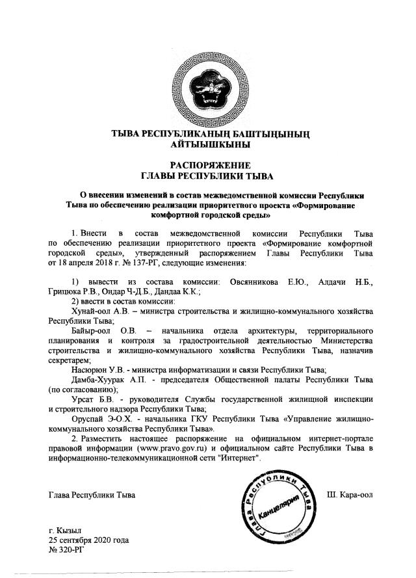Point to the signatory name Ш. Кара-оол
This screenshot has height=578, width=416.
(349, 495)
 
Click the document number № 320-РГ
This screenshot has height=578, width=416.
(66, 549)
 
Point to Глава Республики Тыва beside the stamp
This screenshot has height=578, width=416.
(92, 495)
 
